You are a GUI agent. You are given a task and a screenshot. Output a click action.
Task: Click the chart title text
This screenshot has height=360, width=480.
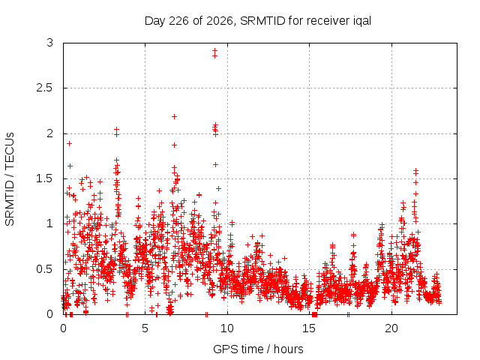pyautogui.click(x=258, y=21)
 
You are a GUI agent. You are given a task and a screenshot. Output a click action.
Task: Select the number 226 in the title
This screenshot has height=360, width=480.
pyautogui.click(x=179, y=21)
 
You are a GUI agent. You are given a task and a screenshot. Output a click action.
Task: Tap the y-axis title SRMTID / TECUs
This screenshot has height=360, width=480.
pyautogui.click(x=10, y=179)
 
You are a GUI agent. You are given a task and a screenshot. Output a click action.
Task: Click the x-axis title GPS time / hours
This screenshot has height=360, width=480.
pyautogui.click(x=258, y=349)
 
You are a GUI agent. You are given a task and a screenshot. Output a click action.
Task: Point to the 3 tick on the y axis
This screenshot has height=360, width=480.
pyautogui.click(x=50, y=43)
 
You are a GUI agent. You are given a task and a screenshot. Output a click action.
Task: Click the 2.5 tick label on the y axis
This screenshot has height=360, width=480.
pyautogui.click(x=45, y=88)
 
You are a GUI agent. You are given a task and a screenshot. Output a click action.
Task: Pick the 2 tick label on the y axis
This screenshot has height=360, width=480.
pyautogui.click(x=50, y=133)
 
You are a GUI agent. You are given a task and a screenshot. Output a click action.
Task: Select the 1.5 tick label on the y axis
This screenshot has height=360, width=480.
pyautogui.click(x=45, y=178)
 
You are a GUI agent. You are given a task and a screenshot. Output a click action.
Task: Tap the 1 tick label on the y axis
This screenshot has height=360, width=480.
pyautogui.click(x=50, y=223)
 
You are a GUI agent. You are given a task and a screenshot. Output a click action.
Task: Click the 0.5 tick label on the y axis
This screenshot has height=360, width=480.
pyautogui.click(x=45, y=269)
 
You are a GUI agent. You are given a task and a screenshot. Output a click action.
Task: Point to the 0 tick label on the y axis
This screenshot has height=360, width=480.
pyautogui.click(x=50, y=314)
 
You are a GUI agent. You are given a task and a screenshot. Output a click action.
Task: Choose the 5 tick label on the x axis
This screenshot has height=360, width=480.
pyautogui.click(x=145, y=328)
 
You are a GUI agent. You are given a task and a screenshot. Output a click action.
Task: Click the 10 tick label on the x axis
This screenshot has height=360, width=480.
pyautogui.click(x=227, y=328)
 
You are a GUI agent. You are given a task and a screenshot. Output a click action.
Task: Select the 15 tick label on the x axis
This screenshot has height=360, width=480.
pyautogui.click(x=309, y=328)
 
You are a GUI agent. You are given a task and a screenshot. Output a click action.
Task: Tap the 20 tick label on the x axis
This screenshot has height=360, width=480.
pyautogui.click(x=391, y=328)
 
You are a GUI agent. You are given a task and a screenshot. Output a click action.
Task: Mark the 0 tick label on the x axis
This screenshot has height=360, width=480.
pyautogui.click(x=63, y=328)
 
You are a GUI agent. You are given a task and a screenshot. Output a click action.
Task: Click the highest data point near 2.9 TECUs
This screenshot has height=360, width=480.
pyautogui.click(x=215, y=51)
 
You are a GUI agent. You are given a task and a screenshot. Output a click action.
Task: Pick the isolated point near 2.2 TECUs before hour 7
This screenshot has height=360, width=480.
pyautogui.click(x=174, y=117)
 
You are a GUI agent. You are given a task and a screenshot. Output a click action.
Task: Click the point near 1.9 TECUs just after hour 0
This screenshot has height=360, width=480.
pyautogui.click(x=70, y=143)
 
